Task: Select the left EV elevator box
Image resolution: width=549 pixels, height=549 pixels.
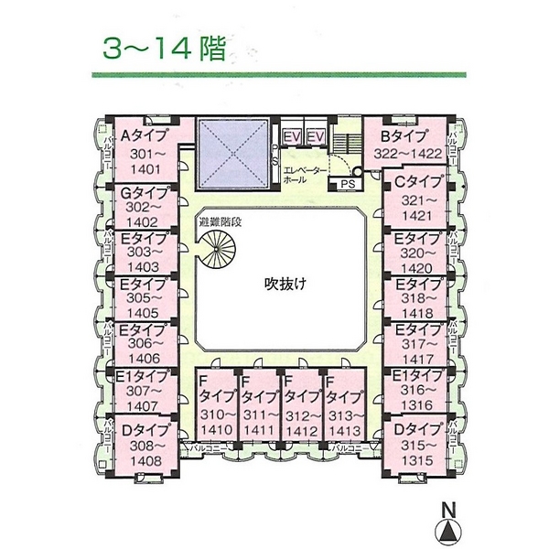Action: tap(292, 137)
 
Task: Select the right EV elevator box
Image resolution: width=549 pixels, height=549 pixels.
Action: tap(316, 137)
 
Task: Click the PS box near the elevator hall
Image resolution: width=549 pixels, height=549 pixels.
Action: tap(347, 183)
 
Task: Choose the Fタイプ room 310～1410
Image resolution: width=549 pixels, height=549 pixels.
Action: tap(217, 406)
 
